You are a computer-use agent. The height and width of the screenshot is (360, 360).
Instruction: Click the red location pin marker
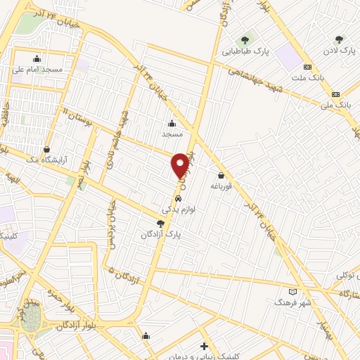coord(180,165)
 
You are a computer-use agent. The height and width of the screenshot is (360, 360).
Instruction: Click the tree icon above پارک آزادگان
coord(160,223)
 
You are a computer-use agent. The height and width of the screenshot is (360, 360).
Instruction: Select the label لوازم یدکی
coord(178,210)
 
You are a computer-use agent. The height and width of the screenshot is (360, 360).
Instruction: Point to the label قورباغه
coord(221,186)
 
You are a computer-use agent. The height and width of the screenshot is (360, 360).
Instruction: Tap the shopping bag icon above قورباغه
coord(221,176)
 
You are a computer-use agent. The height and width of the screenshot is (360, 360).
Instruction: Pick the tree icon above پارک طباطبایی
coord(245,39)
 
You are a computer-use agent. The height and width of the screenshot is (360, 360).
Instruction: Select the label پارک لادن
coord(339,51)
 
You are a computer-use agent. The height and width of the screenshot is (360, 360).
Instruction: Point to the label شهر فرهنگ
coord(292,303)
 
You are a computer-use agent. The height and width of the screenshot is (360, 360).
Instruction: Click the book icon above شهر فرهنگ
coord(293,292)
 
